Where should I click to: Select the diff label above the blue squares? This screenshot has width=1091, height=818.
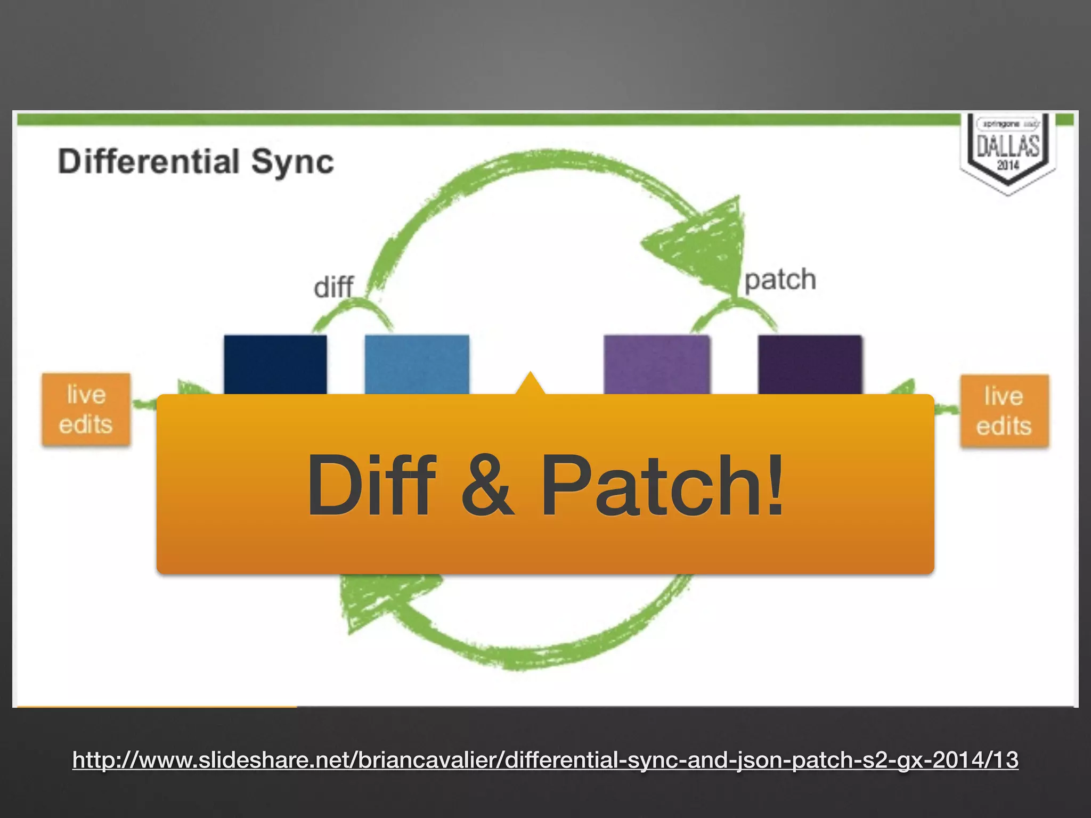(x=333, y=287)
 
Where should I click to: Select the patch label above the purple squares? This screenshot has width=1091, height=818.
(x=780, y=280)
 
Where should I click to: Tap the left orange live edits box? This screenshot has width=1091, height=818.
(x=86, y=410)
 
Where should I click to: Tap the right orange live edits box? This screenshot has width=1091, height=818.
(x=1004, y=411)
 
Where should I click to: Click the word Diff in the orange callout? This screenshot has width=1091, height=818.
(x=371, y=485)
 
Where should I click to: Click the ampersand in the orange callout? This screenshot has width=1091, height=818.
(x=487, y=485)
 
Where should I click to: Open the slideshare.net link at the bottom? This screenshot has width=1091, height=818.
(x=545, y=759)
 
